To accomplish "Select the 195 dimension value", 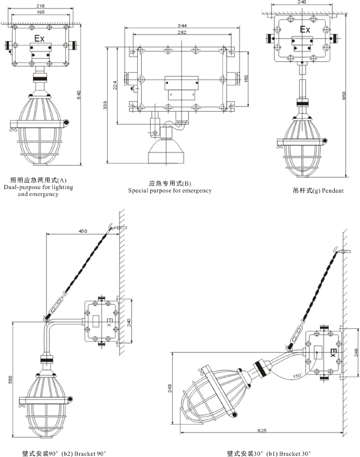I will pos(41,12).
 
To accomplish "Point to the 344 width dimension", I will pos(182,26).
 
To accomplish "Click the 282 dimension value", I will pos(182,32).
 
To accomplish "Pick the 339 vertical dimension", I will pos(106,105).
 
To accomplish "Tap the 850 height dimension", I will pos(344,96).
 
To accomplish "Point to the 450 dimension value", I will pos(83,231).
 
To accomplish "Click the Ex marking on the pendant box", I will pos(305,30).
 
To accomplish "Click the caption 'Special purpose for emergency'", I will pos(170,191).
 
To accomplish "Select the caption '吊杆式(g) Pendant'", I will pos(318,190).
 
